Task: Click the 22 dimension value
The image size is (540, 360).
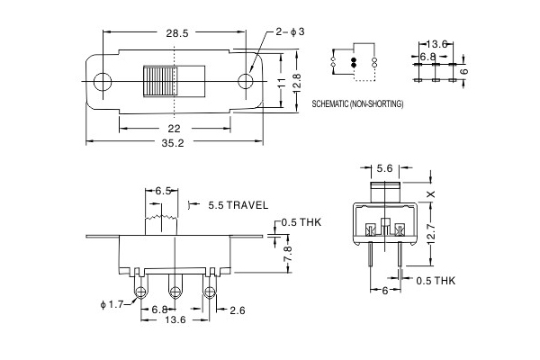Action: (175, 127)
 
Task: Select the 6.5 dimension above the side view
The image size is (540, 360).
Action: (163, 191)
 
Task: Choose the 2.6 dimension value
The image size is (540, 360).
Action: (237, 310)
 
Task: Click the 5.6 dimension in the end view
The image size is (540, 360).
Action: (385, 168)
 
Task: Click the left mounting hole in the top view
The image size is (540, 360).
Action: (101, 80)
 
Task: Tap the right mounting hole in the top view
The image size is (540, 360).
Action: (247, 80)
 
